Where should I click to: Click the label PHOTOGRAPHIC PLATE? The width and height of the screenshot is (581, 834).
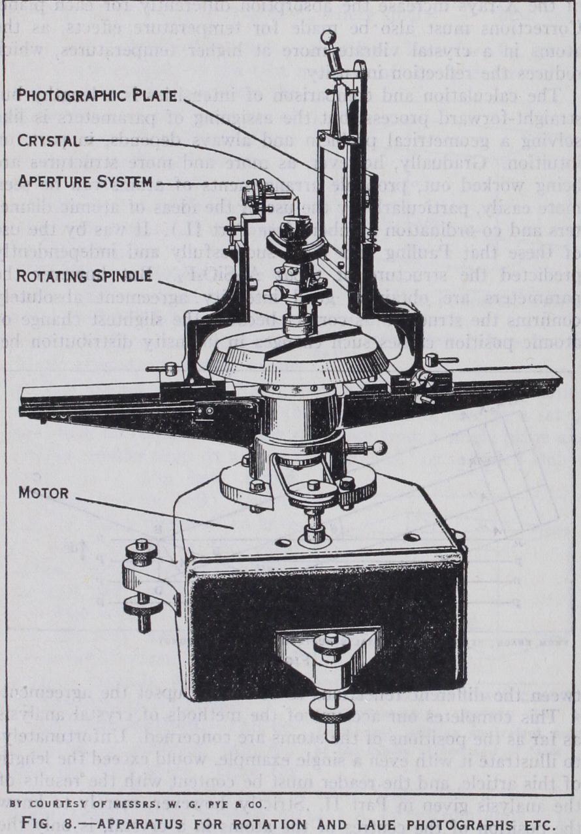pyautogui.click(x=97, y=95)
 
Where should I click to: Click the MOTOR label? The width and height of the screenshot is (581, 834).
pyautogui.click(x=42, y=492)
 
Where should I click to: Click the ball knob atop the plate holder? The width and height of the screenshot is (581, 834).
pyautogui.click(x=328, y=37)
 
